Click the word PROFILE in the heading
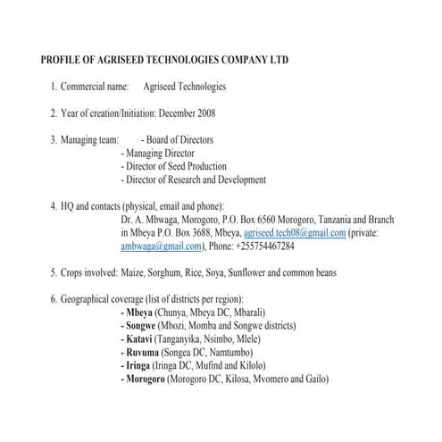coord(63,60)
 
